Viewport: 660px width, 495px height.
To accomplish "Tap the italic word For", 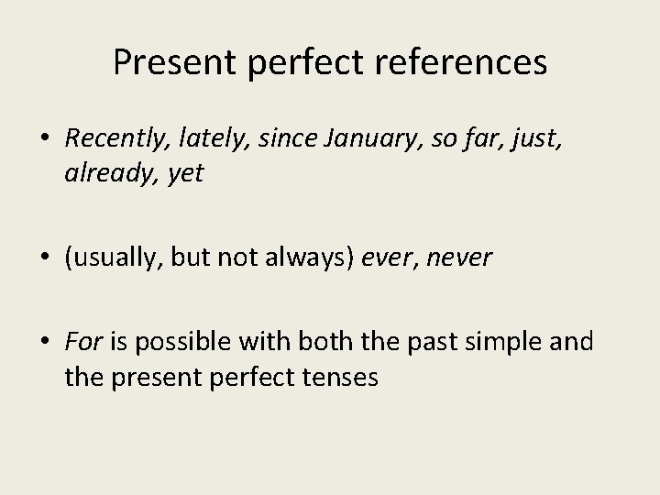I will click(84, 342).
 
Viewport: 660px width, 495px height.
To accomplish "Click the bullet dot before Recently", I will click(44, 139).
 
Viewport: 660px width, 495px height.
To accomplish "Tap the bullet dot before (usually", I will click(44, 258).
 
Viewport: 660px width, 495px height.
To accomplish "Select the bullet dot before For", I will click(44, 343).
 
